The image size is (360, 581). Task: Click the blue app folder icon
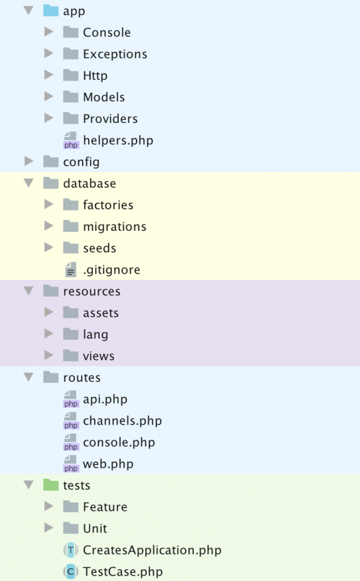tap(51, 10)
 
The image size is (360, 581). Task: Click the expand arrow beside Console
tap(49, 32)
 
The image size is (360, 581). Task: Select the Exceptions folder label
tap(115, 54)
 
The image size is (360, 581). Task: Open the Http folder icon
tap(70, 75)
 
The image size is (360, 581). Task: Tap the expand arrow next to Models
tap(49, 96)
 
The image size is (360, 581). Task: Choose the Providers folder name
tap(110, 119)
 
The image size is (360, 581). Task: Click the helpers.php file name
tap(118, 141)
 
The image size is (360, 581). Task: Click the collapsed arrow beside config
tap(29, 161)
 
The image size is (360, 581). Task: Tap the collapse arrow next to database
tap(29, 183)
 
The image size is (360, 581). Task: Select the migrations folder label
tap(115, 227)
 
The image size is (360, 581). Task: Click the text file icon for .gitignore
tap(70, 270)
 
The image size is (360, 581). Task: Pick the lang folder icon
tap(70, 334)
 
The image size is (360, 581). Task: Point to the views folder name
tap(98, 356)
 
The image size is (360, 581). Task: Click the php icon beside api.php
tap(71, 399)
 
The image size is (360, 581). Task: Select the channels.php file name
tap(122, 421)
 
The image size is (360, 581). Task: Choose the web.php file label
tap(108, 464)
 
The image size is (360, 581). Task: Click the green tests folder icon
tap(51, 485)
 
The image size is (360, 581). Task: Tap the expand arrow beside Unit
tap(49, 528)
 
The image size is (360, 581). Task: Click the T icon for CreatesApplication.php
tap(70, 550)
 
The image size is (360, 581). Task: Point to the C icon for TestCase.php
tap(70, 571)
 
